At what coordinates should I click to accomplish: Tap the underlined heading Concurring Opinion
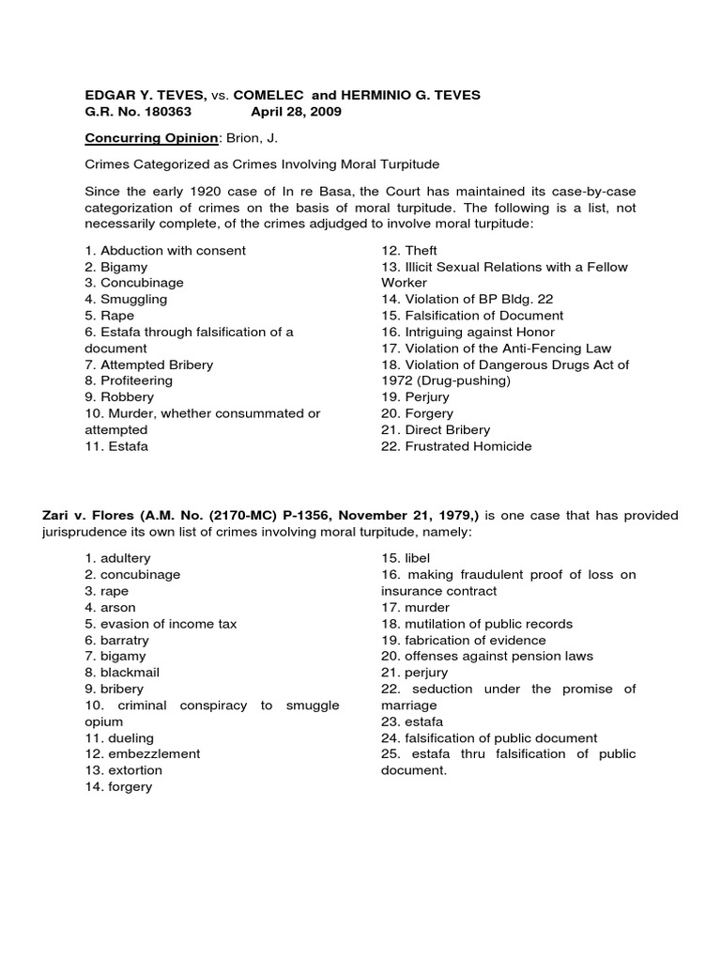(138, 138)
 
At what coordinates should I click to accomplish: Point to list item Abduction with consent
(165, 251)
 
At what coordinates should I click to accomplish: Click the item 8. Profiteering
(129, 381)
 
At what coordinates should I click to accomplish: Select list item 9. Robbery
(119, 397)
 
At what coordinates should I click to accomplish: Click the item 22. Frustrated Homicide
(456, 446)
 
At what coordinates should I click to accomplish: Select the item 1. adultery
(117, 559)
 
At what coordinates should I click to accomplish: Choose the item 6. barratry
(116, 640)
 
